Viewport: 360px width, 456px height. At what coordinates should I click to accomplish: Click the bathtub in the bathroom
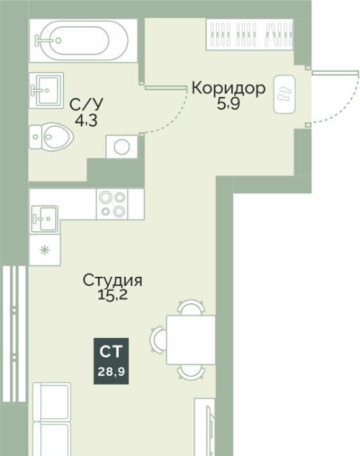pos(83,40)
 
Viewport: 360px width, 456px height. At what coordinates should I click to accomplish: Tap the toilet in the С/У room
pos(51,137)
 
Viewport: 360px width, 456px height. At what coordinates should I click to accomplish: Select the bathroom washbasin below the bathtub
pos(46,90)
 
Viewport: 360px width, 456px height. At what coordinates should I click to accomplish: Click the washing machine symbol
pos(122,146)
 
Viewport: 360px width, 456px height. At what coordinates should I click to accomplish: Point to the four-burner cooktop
pos(112,204)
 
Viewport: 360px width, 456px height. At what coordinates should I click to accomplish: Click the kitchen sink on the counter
pos(45,219)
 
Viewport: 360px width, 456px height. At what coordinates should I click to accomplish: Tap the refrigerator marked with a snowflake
pos(45,250)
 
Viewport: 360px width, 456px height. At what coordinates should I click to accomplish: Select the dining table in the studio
pos(191,340)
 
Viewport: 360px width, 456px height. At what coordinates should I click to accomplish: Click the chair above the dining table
pos(191,308)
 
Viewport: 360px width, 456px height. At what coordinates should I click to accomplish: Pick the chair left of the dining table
pos(159,339)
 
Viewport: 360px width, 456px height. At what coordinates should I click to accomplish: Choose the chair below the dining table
pos(191,372)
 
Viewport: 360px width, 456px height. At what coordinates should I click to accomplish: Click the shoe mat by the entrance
pos(284,94)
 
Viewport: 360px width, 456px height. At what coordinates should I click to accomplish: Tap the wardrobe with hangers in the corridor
pos(250,34)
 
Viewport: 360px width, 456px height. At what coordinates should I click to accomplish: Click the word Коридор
pos(228,88)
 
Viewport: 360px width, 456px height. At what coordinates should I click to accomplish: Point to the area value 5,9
pos(228,104)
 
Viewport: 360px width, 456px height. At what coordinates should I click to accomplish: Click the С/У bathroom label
pos(86,105)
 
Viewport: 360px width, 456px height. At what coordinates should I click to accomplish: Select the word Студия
pos(113,281)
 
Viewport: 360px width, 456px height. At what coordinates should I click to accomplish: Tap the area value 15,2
pos(112,295)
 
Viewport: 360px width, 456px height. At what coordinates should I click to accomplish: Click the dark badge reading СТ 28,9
pos(111,361)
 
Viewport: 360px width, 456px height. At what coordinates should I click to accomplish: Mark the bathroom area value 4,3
pos(86,121)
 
